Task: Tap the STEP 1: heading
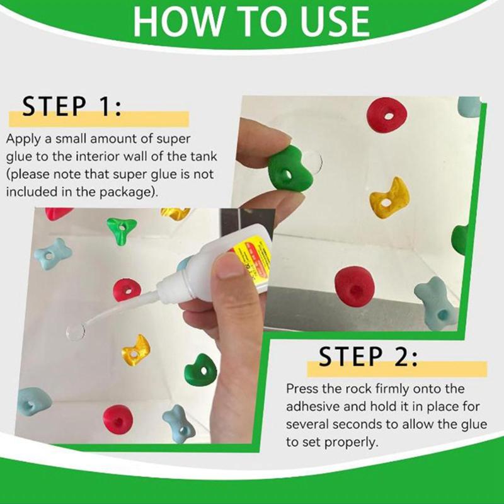point(72,106)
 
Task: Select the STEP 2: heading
point(368,356)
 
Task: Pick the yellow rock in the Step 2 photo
point(389,197)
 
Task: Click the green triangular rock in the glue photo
point(122,231)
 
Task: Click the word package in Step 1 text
point(128,192)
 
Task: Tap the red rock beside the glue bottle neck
point(127,290)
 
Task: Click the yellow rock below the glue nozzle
point(135,350)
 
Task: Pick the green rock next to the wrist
point(200,370)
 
